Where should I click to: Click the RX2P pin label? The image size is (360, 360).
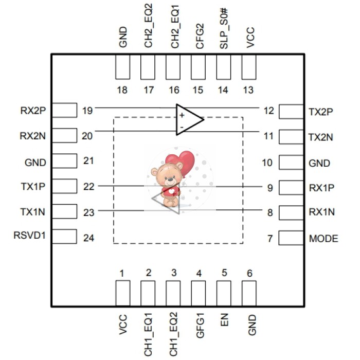[x=32, y=111]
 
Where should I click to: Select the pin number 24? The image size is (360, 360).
[x=88, y=238]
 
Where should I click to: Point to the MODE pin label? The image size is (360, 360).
[x=323, y=239]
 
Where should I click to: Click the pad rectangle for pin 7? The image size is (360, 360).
[x=291, y=238]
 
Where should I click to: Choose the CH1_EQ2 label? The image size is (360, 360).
[x=174, y=334]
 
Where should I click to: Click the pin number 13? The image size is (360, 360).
[x=248, y=90]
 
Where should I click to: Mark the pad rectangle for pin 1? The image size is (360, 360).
[x=122, y=294]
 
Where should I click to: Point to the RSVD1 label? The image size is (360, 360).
[x=30, y=236]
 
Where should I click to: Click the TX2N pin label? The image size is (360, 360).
[x=320, y=137]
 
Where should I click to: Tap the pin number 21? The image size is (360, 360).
[x=88, y=161]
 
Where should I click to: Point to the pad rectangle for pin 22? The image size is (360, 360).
[x=64, y=186]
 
